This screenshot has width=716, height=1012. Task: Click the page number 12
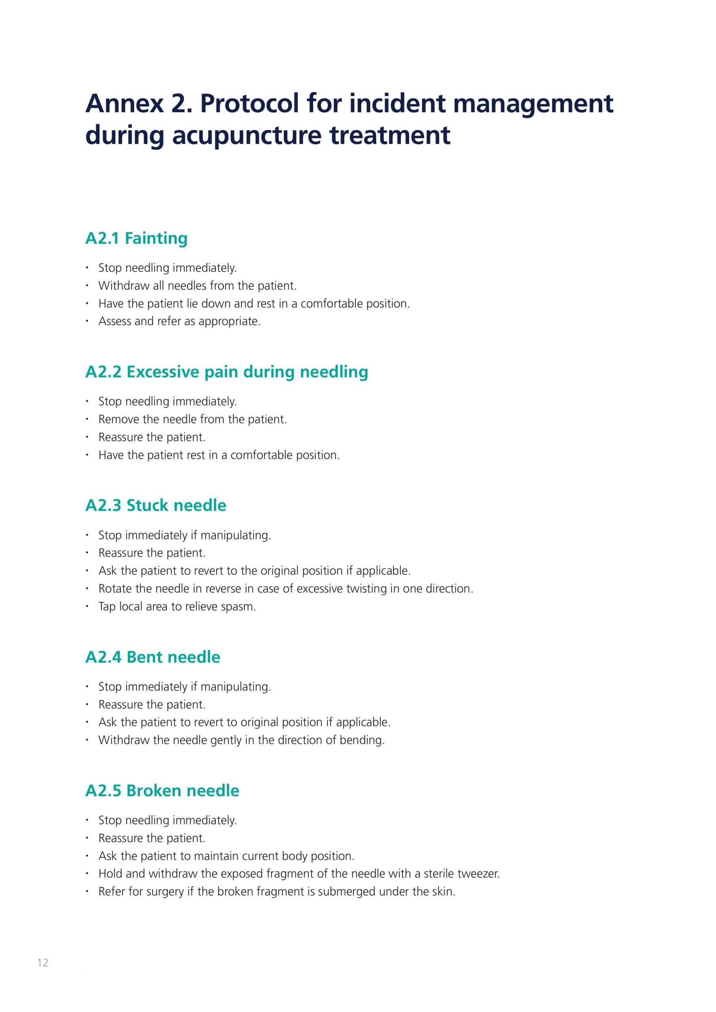(x=43, y=974)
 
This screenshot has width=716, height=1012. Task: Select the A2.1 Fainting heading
(x=136, y=238)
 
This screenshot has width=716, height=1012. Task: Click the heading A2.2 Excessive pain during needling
(x=227, y=372)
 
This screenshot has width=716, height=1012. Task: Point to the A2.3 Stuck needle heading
(x=156, y=505)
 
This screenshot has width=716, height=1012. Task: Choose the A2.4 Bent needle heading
(x=153, y=657)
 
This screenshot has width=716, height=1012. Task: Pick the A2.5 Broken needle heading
(x=162, y=790)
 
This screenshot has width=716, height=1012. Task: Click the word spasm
(x=241, y=606)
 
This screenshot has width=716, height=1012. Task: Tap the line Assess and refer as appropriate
(x=179, y=321)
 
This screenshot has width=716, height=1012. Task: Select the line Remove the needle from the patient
(x=192, y=419)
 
